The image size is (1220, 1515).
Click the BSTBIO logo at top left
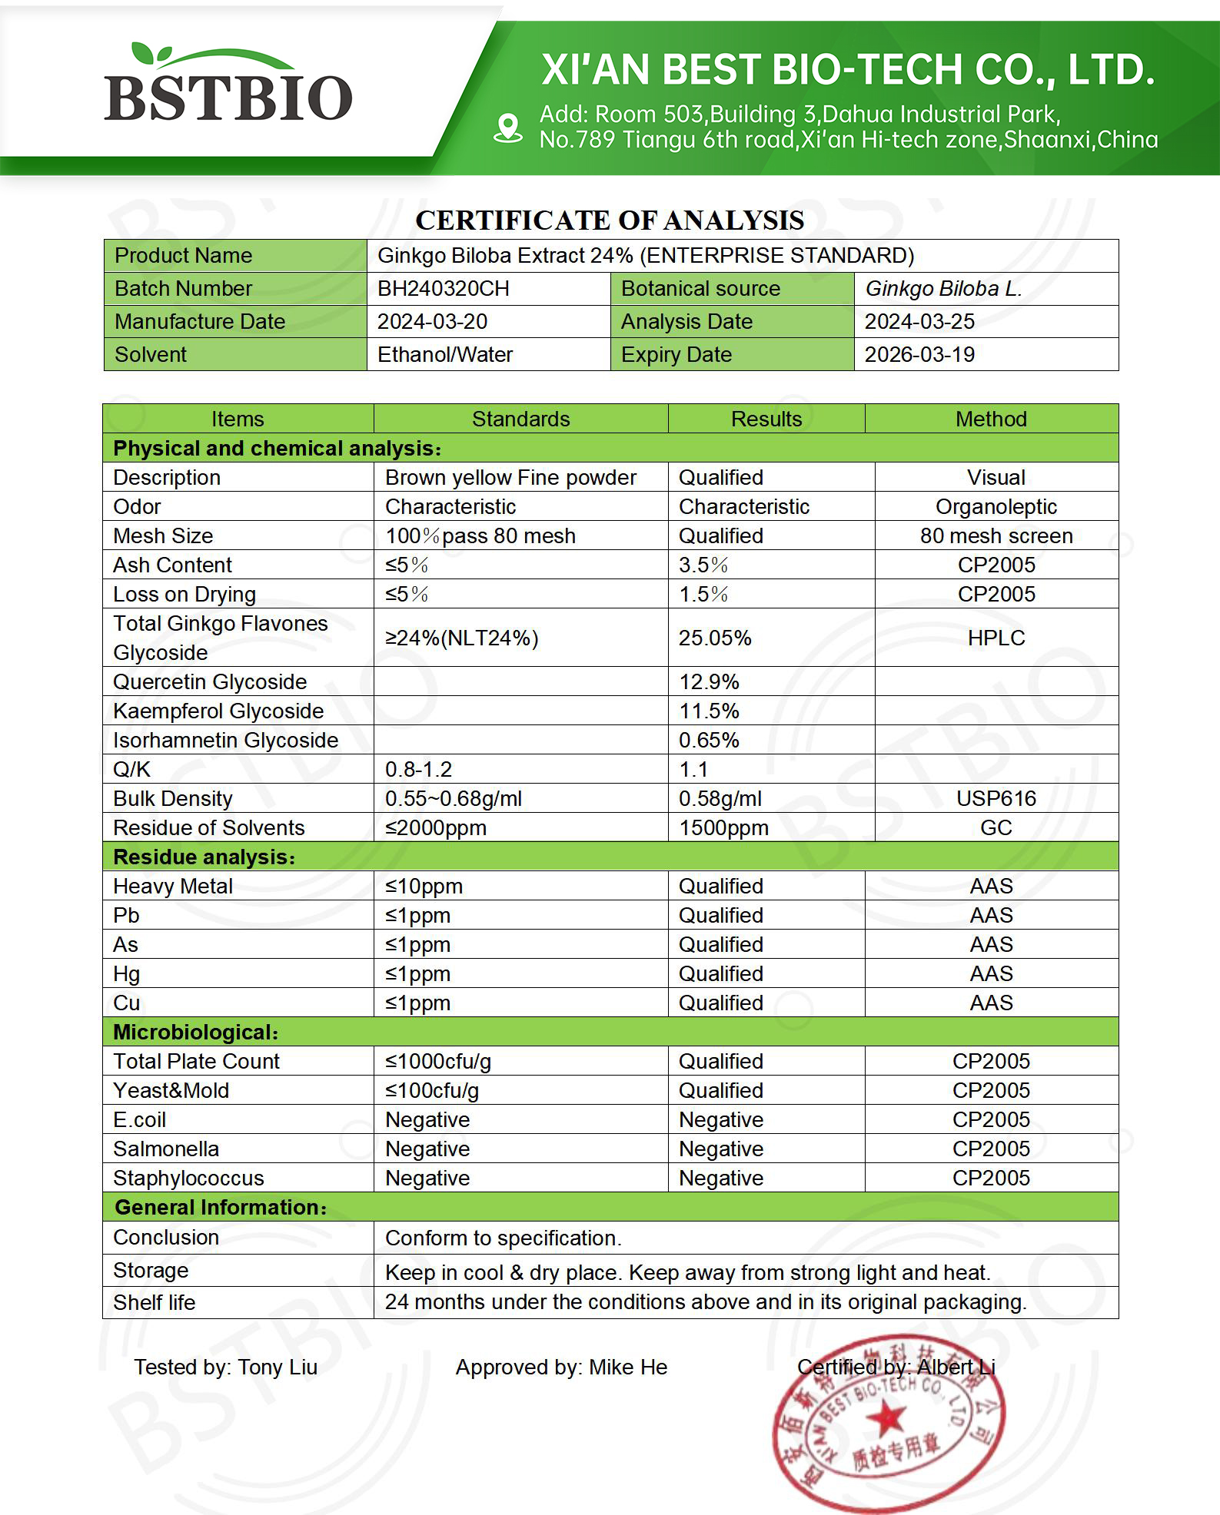[x=228, y=86]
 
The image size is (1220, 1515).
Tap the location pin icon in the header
[x=507, y=128]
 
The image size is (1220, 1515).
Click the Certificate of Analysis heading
[x=610, y=220]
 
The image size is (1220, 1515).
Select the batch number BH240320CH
[x=443, y=289]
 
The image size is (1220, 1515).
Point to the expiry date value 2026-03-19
[x=919, y=355]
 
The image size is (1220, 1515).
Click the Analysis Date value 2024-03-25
[x=919, y=322]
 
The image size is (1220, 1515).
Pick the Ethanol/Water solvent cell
[x=445, y=355]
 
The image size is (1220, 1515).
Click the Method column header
[x=991, y=419]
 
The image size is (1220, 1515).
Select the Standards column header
[x=520, y=419]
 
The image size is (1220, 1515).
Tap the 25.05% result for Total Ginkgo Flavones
[x=715, y=638]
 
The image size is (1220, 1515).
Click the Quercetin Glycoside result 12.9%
[x=709, y=682]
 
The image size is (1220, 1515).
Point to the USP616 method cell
[x=996, y=799]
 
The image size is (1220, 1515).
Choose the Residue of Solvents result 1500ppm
[x=723, y=828]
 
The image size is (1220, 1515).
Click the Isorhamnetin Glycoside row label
[x=225, y=741]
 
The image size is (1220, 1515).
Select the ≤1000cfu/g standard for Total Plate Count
[x=438, y=1062]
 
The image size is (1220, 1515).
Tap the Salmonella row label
[x=166, y=1149]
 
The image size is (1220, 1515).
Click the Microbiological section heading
[x=195, y=1033]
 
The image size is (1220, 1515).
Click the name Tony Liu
[x=278, y=1367]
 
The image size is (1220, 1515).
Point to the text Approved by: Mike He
[x=561, y=1367]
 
